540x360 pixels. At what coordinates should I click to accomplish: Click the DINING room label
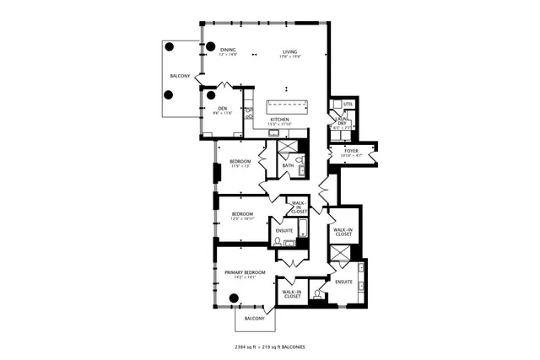click(x=228, y=50)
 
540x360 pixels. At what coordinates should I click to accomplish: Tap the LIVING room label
click(x=291, y=50)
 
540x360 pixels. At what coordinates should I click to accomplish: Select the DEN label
click(x=223, y=108)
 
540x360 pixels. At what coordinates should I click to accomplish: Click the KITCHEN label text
click(x=280, y=120)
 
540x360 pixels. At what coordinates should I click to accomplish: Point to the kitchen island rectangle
click(x=288, y=107)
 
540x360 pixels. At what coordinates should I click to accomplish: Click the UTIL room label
click(x=348, y=105)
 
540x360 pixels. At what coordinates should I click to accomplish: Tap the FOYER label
click(x=351, y=151)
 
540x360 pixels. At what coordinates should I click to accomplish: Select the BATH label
click(x=288, y=165)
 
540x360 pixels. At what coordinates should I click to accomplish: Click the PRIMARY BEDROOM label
click(x=245, y=272)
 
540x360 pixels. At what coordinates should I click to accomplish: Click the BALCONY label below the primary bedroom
click(x=255, y=319)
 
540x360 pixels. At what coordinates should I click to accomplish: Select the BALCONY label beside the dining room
click(x=179, y=77)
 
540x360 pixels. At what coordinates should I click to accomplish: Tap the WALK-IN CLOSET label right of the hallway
click(x=342, y=231)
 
